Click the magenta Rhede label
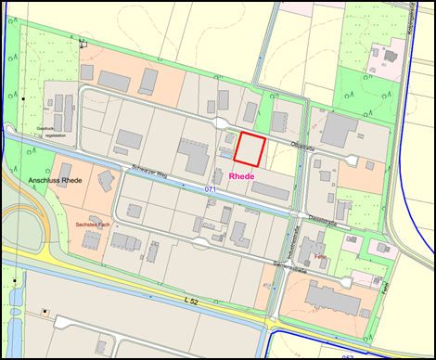click(x=242, y=175)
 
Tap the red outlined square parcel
click(x=250, y=149)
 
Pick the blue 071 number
click(x=211, y=188)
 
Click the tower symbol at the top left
click(x=83, y=41)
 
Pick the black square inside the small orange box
click(x=45, y=311)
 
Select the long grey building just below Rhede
click(x=269, y=190)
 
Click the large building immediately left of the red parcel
click(x=196, y=156)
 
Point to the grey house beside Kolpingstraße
click(x=382, y=52)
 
